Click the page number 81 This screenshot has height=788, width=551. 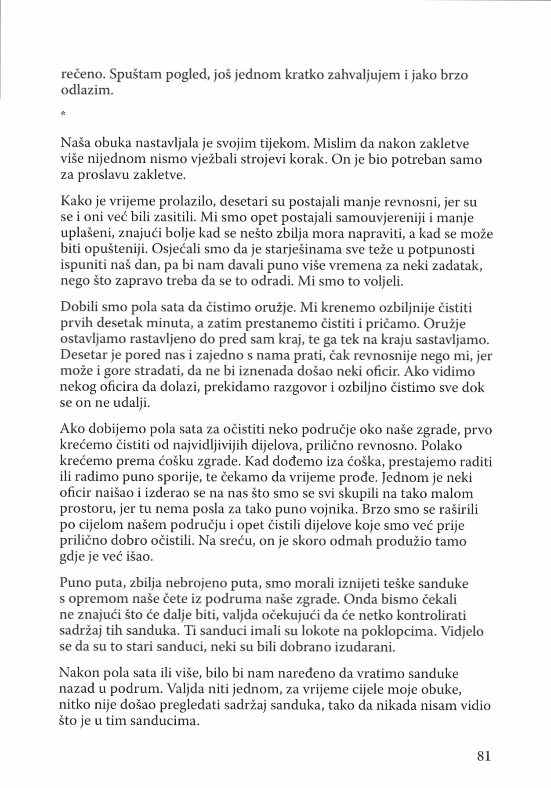click(483, 755)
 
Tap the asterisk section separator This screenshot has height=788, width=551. click(63, 114)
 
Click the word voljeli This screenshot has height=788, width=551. click(381, 281)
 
